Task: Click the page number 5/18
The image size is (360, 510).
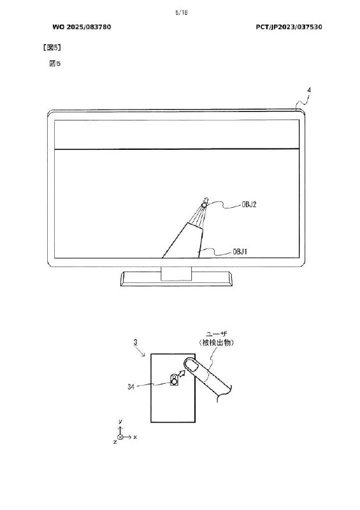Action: [181, 13]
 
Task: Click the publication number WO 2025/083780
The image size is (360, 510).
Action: [82, 27]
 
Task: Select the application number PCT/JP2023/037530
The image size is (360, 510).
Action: [289, 27]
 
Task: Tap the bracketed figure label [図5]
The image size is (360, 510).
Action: [52, 47]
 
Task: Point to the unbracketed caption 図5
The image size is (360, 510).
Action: [55, 63]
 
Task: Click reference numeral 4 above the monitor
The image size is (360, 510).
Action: [309, 90]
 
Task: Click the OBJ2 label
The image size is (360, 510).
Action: [248, 205]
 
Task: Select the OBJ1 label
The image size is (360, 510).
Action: [240, 252]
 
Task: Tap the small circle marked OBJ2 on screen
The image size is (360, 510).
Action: [205, 205]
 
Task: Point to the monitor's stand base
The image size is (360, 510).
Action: [177, 279]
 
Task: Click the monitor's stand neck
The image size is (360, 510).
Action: [176, 273]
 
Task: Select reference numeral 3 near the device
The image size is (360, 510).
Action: [136, 342]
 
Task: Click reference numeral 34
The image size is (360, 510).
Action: [131, 387]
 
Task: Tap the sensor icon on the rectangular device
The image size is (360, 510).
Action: [175, 380]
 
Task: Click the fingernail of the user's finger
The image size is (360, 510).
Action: [192, 365]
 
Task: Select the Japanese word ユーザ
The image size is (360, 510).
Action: [217, 333]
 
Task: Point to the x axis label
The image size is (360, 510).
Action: [135, 437]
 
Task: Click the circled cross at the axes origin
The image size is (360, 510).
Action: [120, 437]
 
